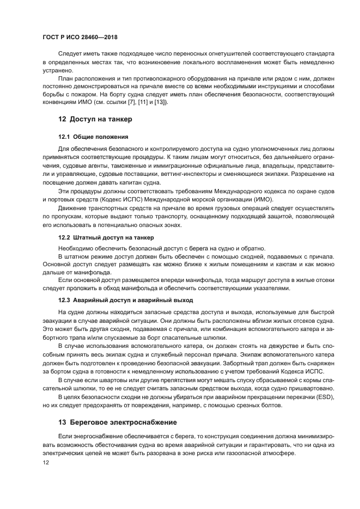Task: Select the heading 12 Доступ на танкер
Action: [95, 119]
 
